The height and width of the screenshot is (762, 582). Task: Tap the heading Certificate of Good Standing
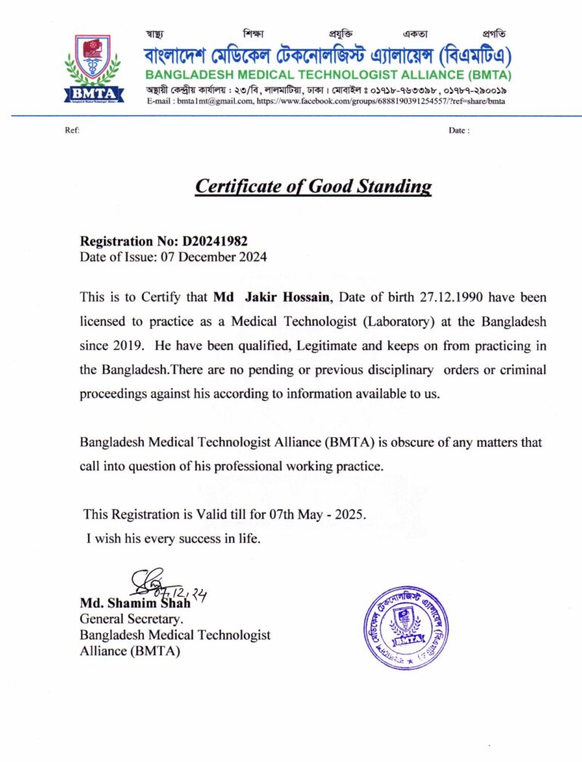click(313, 186)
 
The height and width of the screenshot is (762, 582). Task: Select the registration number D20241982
click(214, 242)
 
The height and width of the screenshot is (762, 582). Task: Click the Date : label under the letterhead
click(458, 130)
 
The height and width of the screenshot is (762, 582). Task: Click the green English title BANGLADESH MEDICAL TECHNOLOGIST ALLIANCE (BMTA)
click(328, 75)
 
